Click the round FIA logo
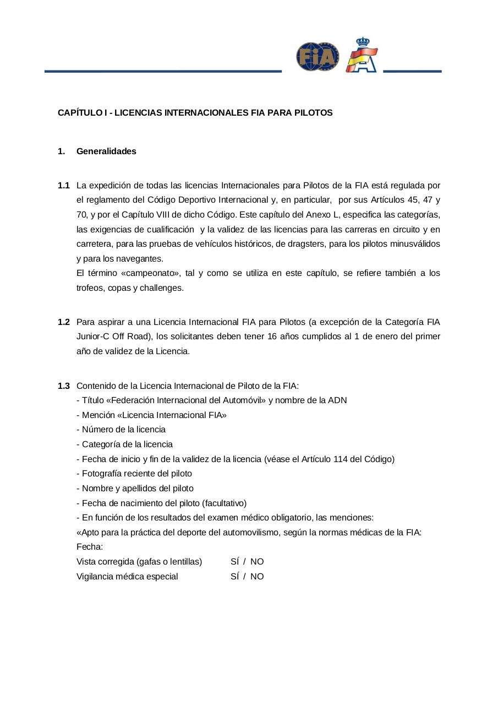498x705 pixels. coord(318,57)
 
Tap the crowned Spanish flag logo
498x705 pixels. coord(362,56)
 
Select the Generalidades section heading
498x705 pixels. coord(106,151)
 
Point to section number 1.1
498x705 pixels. coord(64,185)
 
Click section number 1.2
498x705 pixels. coord(64,322)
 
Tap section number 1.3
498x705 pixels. coord(64,386)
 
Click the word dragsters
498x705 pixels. coord(305,244)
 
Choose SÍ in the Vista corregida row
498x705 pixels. coord(235,562)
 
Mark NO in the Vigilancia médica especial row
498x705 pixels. coord(257,577)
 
